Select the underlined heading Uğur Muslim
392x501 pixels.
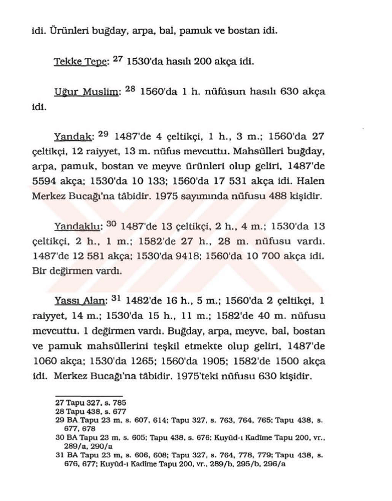[81, 93]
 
